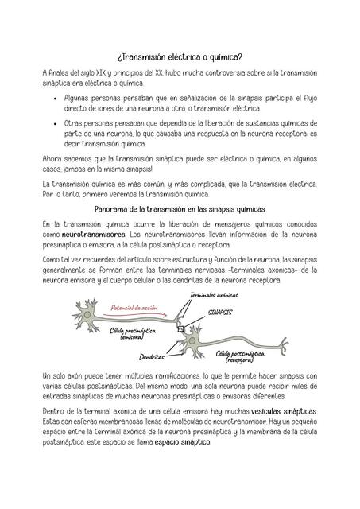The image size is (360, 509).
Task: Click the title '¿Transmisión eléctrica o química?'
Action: pos(180,56)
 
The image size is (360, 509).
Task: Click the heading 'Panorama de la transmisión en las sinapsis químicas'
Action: pos(180,209)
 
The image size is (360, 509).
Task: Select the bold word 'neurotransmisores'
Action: pos(94,235)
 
